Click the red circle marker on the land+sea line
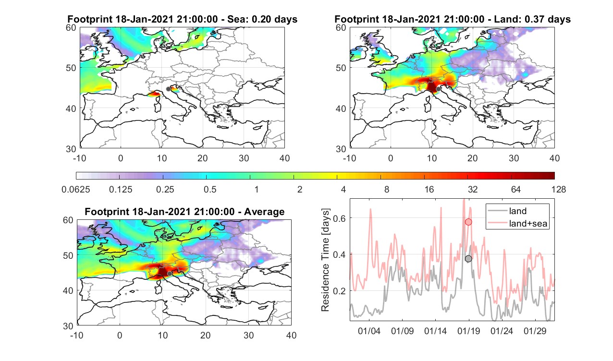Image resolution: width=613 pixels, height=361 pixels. point(468,222)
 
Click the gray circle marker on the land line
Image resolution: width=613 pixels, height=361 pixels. point(468,258)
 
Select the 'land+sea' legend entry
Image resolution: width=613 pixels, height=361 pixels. point(518,223)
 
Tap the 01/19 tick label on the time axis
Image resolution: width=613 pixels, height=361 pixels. point(469,331)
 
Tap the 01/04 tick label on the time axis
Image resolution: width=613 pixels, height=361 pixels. point(369,331)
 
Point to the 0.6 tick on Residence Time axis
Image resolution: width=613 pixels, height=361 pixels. point(339,218)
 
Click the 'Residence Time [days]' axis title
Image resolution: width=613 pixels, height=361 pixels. point(325,260)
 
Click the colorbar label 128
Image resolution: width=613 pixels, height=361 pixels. point(559,189)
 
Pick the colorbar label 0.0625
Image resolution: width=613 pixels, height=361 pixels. point(76,189)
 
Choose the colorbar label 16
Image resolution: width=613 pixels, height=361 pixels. point(429,189)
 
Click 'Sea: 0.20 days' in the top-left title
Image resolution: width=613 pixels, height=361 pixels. point(262,19)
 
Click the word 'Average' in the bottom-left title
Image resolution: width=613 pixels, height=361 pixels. point(264,212)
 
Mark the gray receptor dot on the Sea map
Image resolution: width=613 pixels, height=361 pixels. point(168,89)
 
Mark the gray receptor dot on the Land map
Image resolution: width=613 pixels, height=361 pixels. point(438,89)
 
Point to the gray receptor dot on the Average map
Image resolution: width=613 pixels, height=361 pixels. point(170,274)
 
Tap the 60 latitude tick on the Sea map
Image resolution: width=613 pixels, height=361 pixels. point(71,28)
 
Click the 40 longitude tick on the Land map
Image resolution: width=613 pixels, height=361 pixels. point(554,158)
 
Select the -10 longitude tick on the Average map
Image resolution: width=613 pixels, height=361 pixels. point(77,335)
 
